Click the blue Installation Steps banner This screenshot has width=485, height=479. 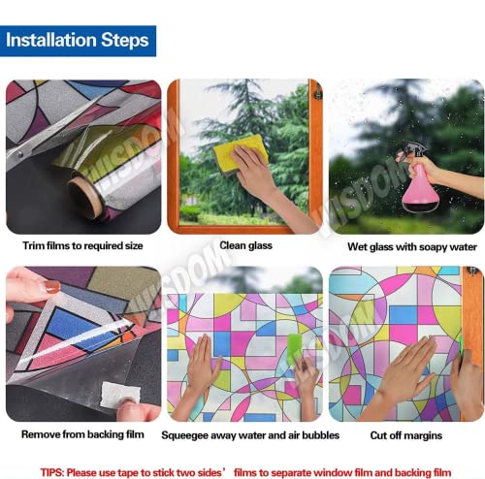[78, 41]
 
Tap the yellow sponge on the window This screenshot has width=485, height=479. [240, 153]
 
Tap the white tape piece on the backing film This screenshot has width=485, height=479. [119, 394]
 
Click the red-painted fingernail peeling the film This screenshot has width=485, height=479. [51, 287]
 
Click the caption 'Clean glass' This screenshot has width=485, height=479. [245, 245]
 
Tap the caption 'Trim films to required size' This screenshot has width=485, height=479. [82, 246]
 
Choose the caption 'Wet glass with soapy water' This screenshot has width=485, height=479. [412, 247]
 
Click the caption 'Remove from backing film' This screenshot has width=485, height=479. [82, 434]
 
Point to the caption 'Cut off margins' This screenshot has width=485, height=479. [406, 435]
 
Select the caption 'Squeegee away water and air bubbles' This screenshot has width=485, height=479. [250, 435]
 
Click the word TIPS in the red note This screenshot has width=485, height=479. [51, 472]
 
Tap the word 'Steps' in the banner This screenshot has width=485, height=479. [125, 41]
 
